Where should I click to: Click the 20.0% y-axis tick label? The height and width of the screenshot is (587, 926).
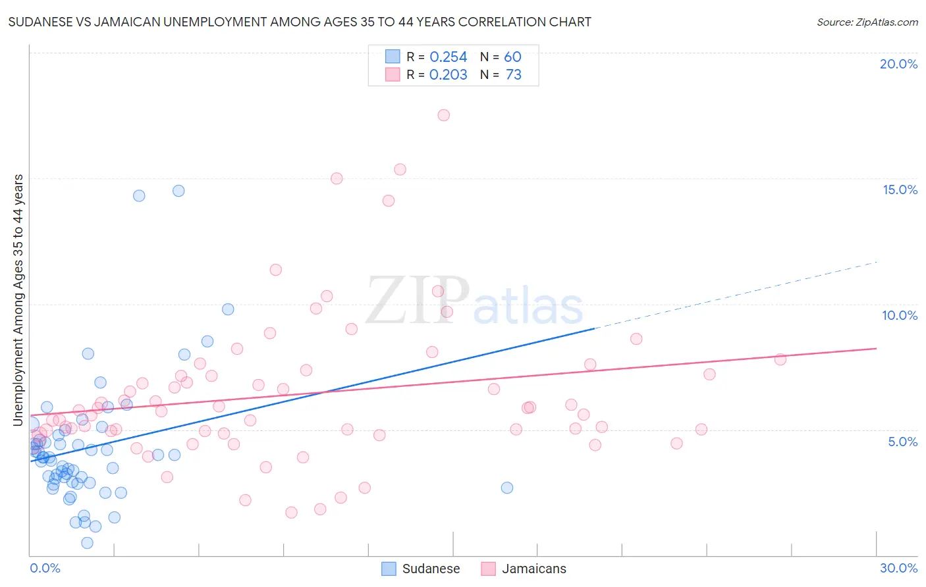(x=898, y=64)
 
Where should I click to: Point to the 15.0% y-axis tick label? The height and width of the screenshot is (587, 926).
(x=900, y=190)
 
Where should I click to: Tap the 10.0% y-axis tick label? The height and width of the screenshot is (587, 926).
(x=900, y=315)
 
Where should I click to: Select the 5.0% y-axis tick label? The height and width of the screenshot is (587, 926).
(x=902, y=442)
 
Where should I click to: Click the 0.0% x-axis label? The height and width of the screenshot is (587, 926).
(x=45, y=568)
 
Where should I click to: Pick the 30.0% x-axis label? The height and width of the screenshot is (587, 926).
(x=898, y=568)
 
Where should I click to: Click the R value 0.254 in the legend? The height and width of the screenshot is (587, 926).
(x=448, y=57)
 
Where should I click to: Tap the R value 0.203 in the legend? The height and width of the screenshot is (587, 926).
(x=448, y=75)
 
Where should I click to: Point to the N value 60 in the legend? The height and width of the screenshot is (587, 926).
(x=512, y=57)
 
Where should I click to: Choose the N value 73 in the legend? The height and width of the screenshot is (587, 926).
(x=513, y=75)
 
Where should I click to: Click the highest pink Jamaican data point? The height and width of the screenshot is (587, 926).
(x=443, y=115)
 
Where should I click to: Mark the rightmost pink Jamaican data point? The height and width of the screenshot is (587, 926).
(x=780, y=359)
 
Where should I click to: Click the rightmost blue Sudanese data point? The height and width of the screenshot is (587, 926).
(x=506, y=488)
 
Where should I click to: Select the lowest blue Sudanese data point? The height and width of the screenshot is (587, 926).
(x=87, y=543)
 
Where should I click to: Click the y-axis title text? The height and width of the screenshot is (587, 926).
(x=18, y=300)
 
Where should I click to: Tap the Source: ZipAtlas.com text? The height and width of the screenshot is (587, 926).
(x=867, y=22)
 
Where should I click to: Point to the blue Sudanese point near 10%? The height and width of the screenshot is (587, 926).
(x=228, y=309)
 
